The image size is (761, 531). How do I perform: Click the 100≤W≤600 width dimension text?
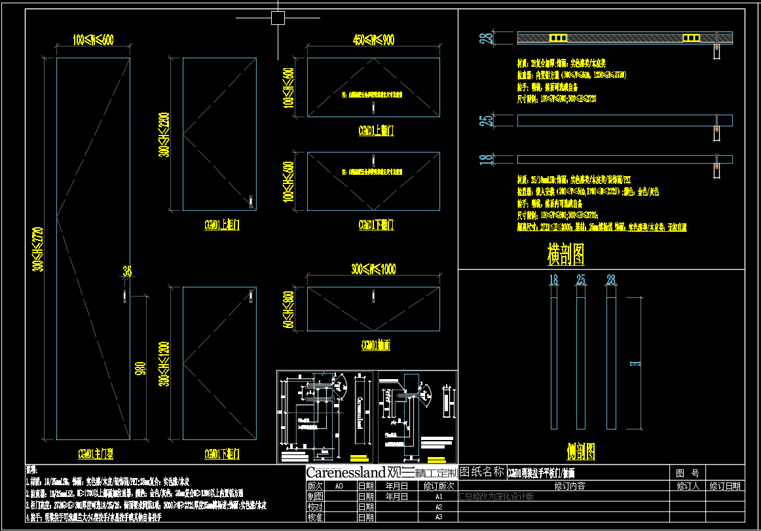coord(93,40)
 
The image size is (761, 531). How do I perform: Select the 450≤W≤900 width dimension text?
coord(373,40)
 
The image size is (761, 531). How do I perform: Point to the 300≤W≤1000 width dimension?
coord(373,269)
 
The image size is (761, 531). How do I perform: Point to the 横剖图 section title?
coord(565,254)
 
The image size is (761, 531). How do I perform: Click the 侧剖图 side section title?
coord(580,450)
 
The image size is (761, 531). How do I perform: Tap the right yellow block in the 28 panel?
coord(691,39)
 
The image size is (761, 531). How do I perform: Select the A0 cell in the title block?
coord(339,486)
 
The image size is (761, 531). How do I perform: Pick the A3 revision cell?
coord(439,517)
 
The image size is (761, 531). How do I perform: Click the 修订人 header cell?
coord(687,486)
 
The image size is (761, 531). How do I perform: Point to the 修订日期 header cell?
coord(725,486)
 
